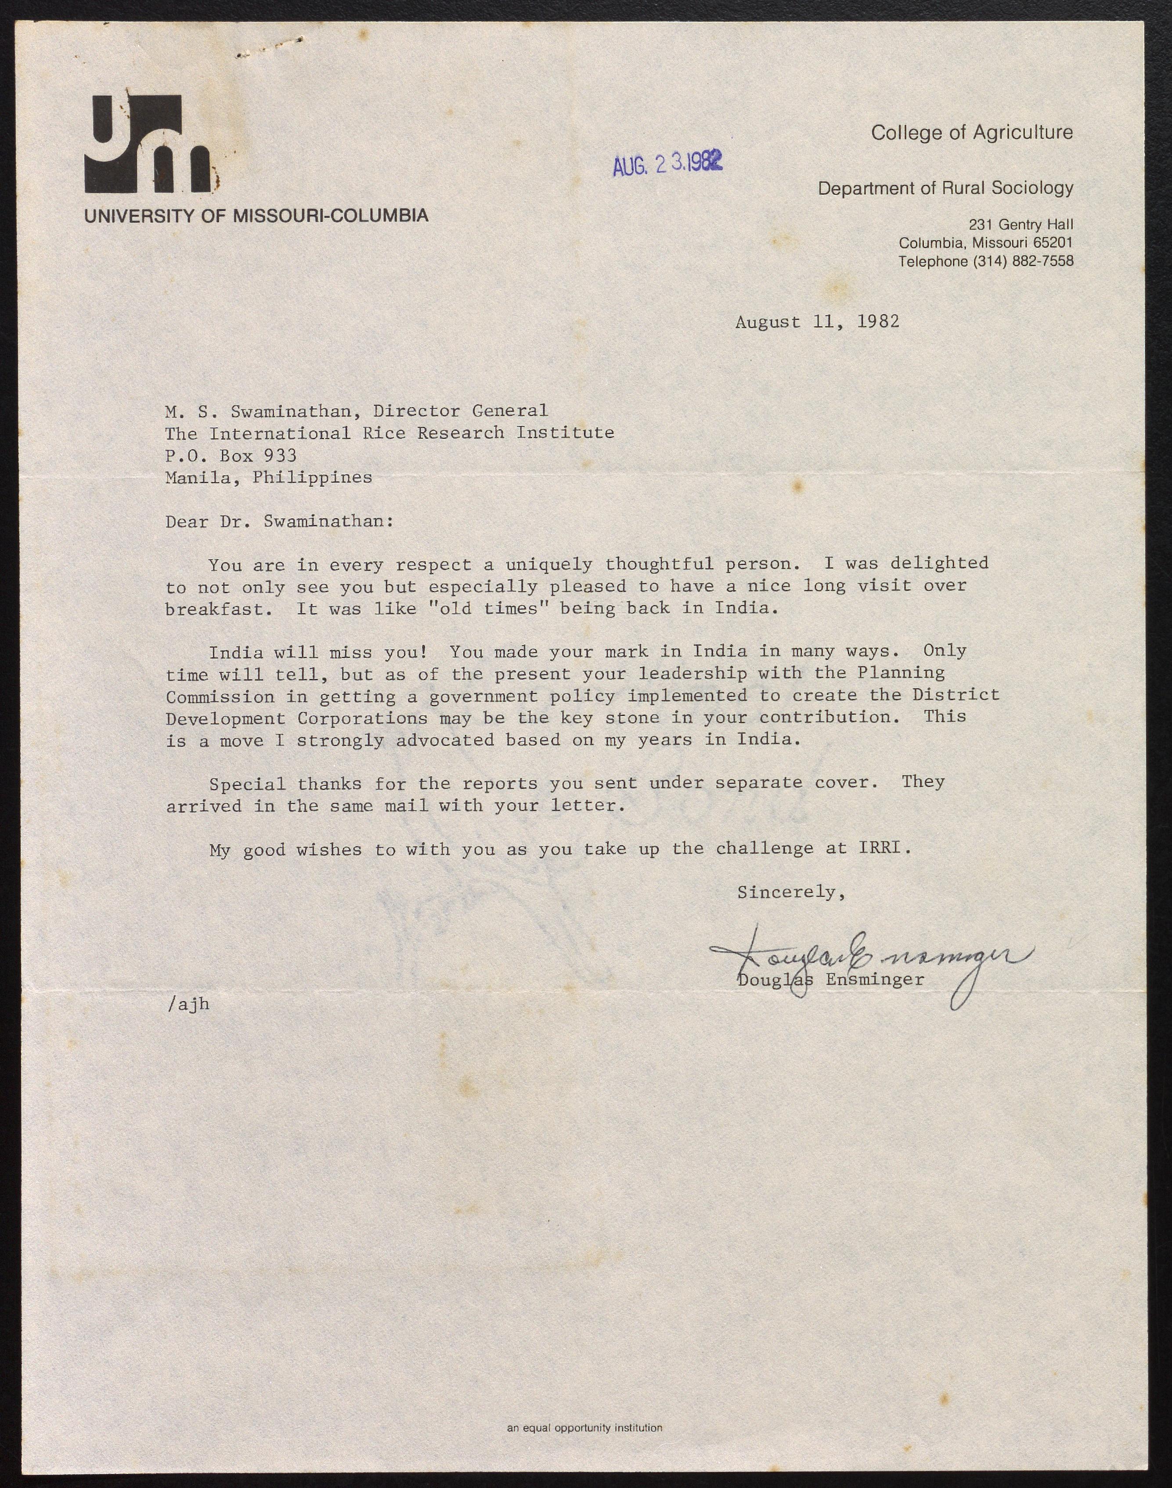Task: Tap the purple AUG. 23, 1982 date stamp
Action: [667, 163]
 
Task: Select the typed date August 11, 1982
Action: [817, 322]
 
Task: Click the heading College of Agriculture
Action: [972, 133]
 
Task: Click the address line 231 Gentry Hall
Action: [1021, 224]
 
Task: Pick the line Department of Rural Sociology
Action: [945, 188]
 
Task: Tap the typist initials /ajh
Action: [188, 1004]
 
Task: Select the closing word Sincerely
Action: [790, 892]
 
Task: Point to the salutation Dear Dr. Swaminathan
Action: [279, 522]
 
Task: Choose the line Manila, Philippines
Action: [268, 478]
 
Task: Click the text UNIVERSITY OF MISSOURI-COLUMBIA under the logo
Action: [256, 216]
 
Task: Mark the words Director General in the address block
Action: [460, 411]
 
